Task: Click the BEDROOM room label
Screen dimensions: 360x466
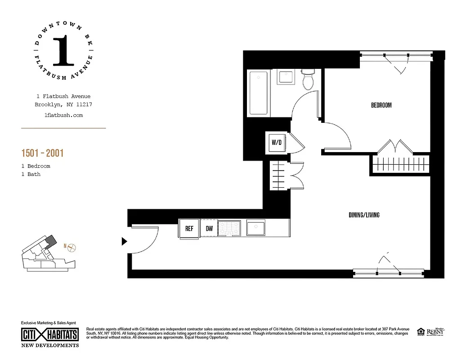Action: pyautogui.click(x=381, y=105)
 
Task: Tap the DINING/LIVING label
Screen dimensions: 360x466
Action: pyautogui.click(x=364, y=215)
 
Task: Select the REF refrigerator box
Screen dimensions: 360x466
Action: pyautogui.click(x=189, y=229)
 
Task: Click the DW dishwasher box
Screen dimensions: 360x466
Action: pyautogui.click(x=209, y=229)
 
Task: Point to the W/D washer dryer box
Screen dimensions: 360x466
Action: pyautogui.click(x=276, y=143)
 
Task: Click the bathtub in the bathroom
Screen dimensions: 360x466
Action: pyautogui.click(x=258, y=93)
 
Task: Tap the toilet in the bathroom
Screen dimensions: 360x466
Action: pyautogui.click(x=309, y=80)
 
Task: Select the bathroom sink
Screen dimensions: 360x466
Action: pyautogui.click(x=285, y=77)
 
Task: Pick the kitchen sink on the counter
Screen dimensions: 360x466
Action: pyautogui.click(x=255, y=228)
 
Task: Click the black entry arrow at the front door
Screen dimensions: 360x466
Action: pyautogui.click(x=125, y=242)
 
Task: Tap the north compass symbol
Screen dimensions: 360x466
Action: pyautogui.click(x=72, y=247)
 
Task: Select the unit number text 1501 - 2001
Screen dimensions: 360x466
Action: pyautogui.click(x=42, y=153)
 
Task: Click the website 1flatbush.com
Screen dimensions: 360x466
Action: pyautogui.click(x=63, y=115)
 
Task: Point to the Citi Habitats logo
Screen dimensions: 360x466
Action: pyautogui.click(x=50, y=335)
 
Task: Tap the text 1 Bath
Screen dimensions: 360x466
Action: pyautogui.click(x=31, y=174)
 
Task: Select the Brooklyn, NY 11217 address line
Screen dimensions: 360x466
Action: pyautogui.click(x=63, y=105)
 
